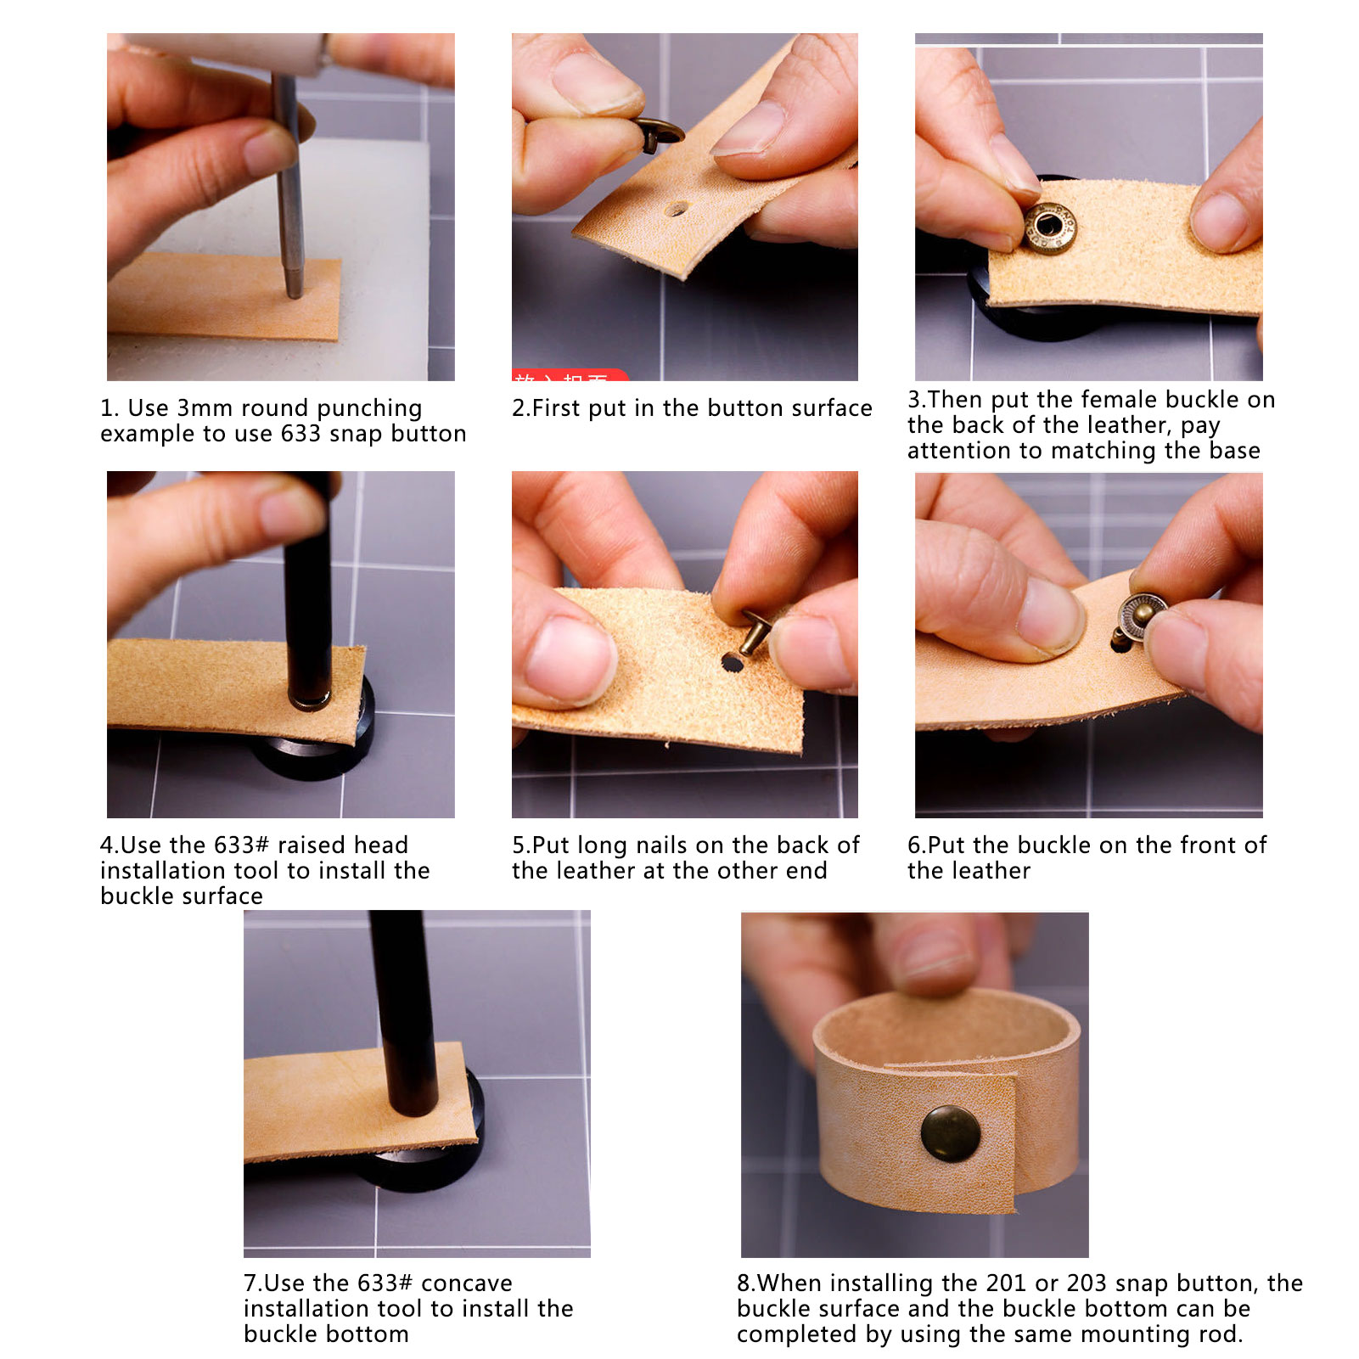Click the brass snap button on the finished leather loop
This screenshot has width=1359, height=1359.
(951, 1134)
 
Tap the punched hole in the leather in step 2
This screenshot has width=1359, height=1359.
(677, 209)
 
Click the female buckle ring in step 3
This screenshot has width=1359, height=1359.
(1050, 227)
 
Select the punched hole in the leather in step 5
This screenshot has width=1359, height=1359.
(732, 662)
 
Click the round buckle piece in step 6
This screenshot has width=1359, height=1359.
(1142, 617)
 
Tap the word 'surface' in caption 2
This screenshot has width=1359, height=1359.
(831, 408)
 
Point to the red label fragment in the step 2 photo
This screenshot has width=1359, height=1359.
(570, 374)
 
